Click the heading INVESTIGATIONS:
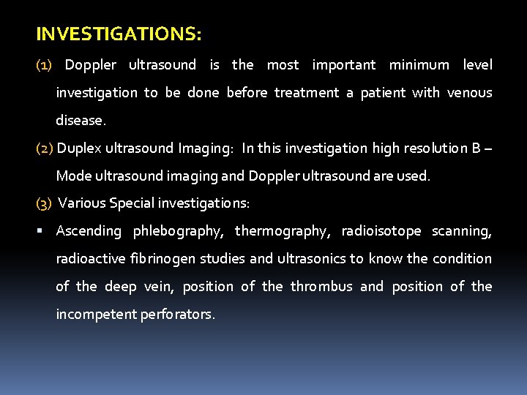coord(119,34)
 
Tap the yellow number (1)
coord(44,65)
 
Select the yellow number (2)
coord(44,148)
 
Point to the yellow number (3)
coord(44,203)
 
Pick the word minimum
coord(419,65)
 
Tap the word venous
coord(469,93)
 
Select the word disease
coord(81,121)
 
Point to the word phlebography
coord(178,231)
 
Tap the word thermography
coord(283,231)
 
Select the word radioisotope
coord(381,231)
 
